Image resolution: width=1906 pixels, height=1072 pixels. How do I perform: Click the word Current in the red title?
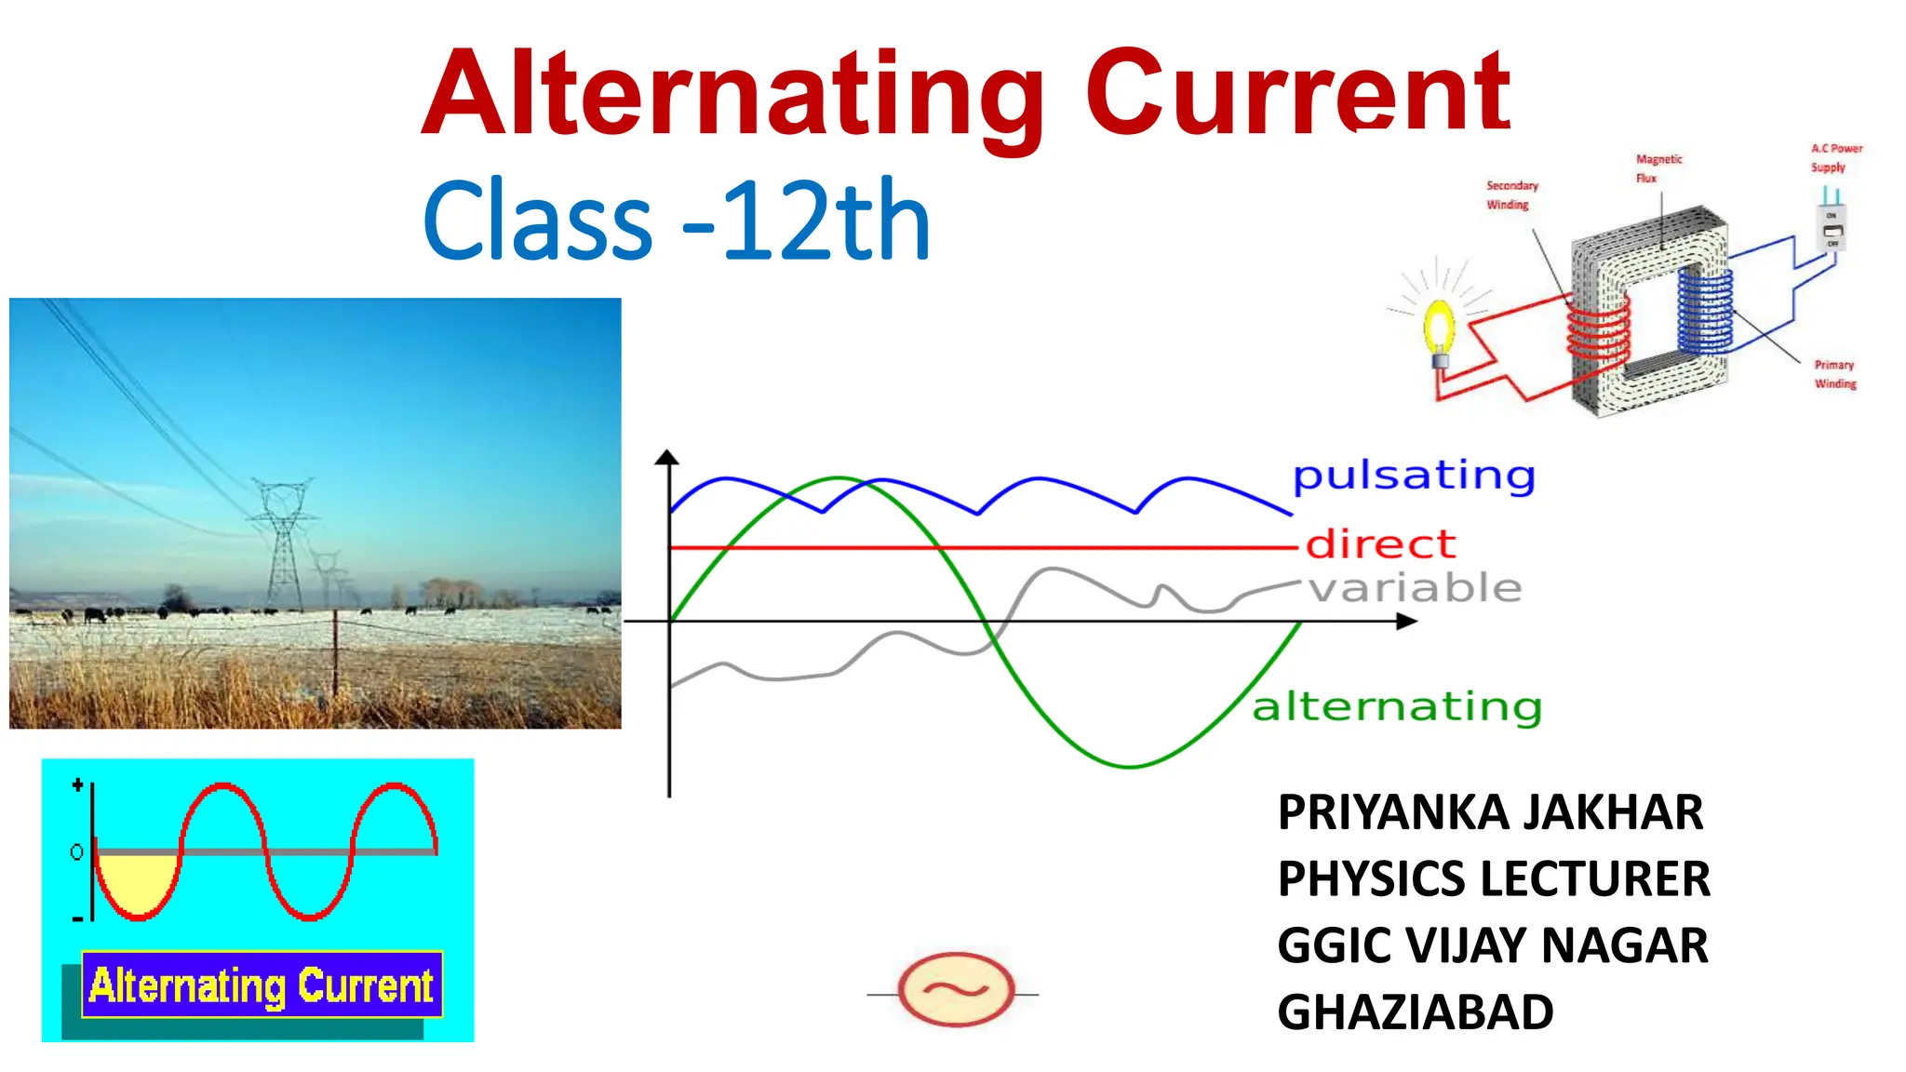pos(1297,93)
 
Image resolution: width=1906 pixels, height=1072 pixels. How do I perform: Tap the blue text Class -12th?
pos(677,221)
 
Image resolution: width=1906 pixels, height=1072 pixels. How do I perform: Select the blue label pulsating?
pos(1414,476)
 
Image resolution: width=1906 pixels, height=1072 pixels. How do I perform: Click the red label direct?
pos(1380,544)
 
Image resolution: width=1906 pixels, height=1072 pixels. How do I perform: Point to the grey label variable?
pos(1416,588)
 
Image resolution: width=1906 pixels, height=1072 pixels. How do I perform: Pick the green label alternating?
pos(1396,706)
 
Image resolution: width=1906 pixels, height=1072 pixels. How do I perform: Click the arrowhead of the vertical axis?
pos(667,457)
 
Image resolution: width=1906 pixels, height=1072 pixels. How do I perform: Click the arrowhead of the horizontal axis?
pos(1406,621)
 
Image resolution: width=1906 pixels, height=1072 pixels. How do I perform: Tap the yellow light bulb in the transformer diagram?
pos(1440,327)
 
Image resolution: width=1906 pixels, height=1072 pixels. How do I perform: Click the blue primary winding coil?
pos(1705,308)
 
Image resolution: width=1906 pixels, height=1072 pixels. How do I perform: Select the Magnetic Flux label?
pos(1658,168)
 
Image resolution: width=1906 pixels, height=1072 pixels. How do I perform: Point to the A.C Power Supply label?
pos(1835,157)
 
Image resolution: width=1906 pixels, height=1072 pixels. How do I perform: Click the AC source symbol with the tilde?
pos(956,989)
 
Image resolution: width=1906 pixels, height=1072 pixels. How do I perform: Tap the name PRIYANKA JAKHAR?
pos(1490,812)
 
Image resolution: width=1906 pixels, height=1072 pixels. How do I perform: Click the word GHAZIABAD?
pos(1415,1012)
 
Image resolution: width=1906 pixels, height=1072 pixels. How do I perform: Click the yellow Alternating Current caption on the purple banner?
pos(262,985)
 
